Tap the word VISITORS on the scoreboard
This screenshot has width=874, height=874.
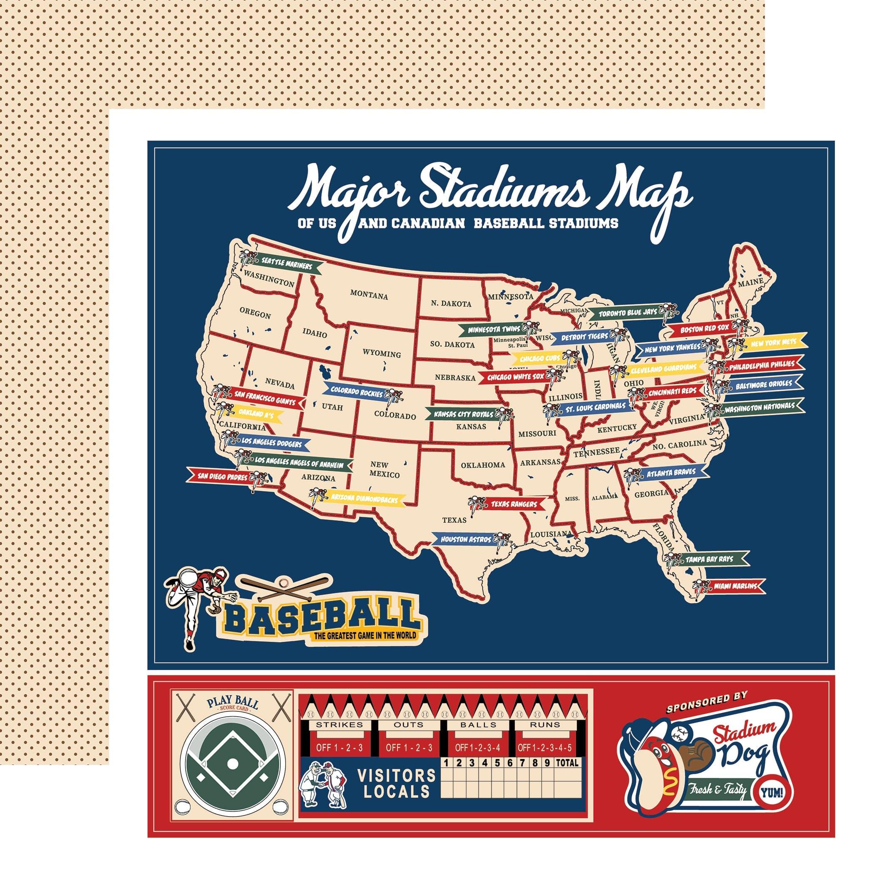[x=397, y=775]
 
